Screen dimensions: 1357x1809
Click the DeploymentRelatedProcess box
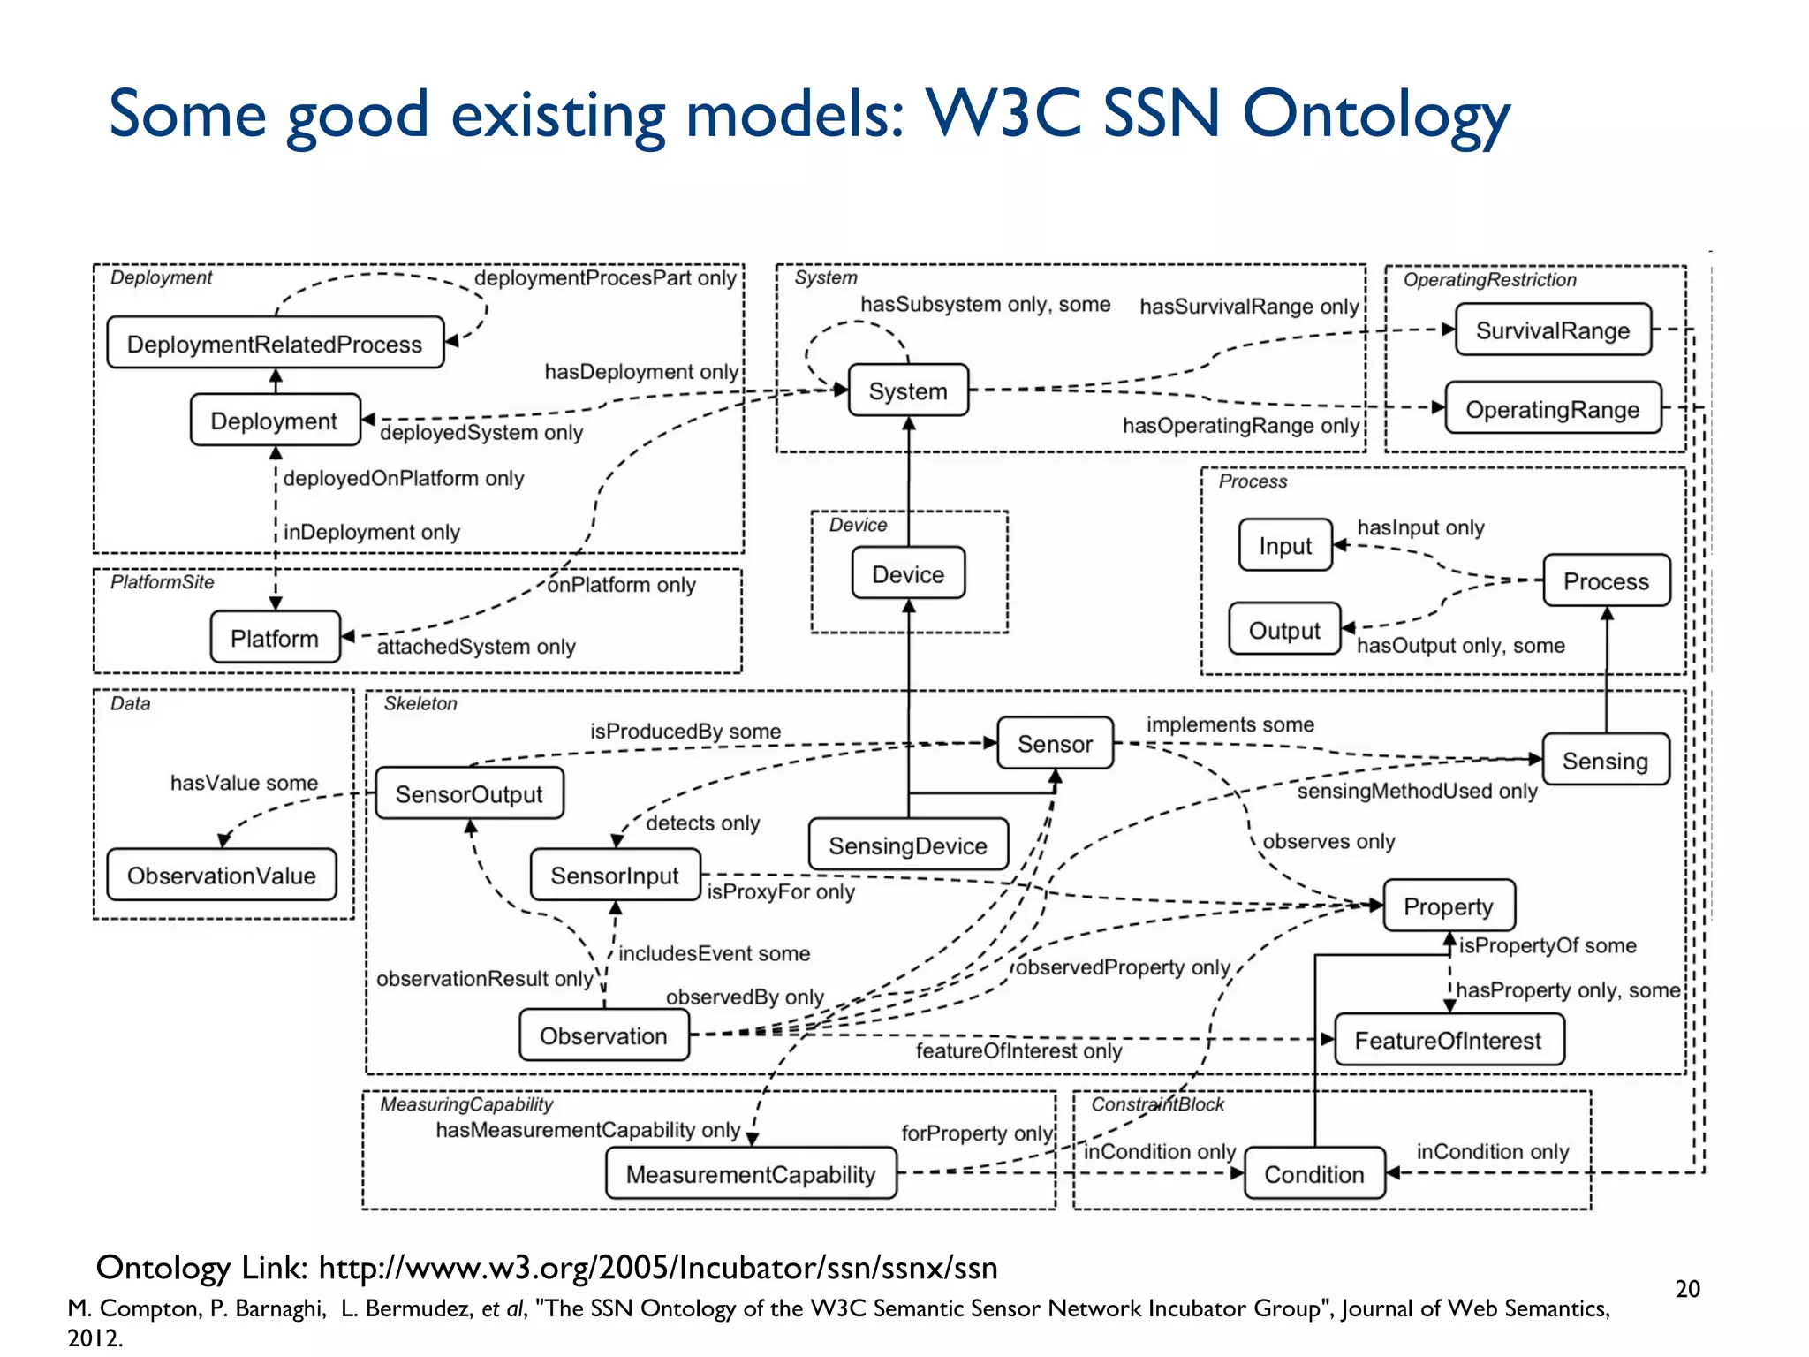tap(275, 343)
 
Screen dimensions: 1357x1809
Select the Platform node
tap(275, 637)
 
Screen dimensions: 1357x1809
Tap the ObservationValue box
tap(221, 875)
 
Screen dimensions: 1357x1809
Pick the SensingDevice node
tap(907, 845)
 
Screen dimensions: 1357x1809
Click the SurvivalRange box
tap(1552, 330)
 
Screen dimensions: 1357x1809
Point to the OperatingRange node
tap(1552, 408)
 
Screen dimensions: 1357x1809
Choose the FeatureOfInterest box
tap(1448, 1040)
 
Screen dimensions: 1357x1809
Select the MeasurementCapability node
tap(751, 1173)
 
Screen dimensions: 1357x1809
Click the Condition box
tap(1313, 1173)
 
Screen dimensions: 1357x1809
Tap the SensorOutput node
tap(469, 793)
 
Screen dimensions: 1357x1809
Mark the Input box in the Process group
tap(1285, 545)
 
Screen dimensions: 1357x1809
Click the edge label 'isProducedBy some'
tap(685, 731)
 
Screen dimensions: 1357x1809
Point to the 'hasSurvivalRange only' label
tap(1248, 306)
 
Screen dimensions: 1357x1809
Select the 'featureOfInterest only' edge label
tap(1018, 1050)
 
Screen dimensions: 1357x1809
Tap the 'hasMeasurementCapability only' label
tap(587, 1129)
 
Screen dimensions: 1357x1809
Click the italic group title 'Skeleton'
tap(420, 703)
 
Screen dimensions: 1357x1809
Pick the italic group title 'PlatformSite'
tap(163, 581)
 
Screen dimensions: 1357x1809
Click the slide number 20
tap(1687, 1289)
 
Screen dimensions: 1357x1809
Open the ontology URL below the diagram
tap(657, 1268)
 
